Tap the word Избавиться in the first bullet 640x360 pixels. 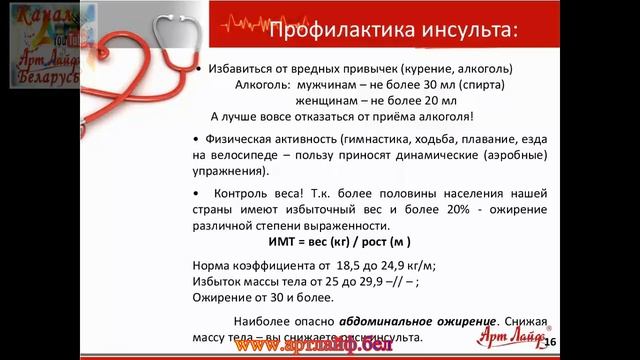point(239,69)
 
